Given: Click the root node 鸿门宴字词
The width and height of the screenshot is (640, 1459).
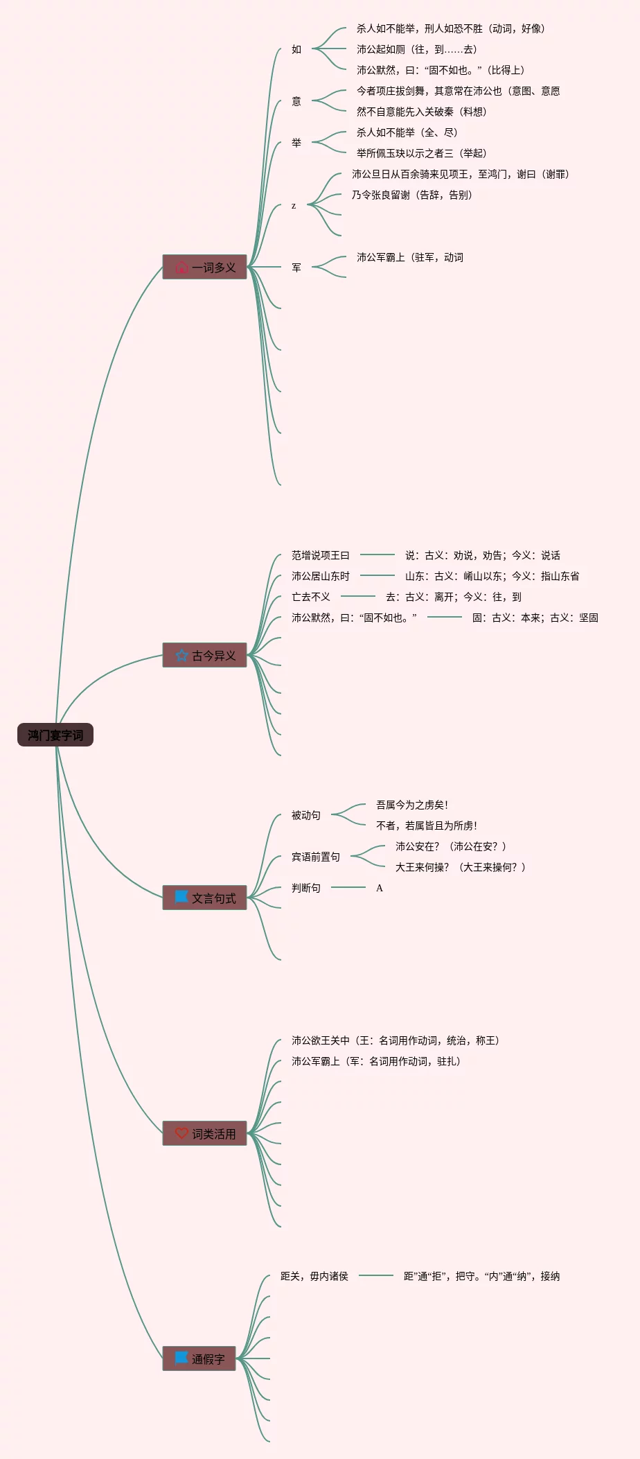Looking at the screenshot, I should click(x=55, y=735).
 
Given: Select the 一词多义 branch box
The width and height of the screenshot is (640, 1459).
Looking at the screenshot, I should click(x=204, y=267).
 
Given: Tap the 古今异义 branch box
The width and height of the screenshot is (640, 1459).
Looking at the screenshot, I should click(x=204, y=655).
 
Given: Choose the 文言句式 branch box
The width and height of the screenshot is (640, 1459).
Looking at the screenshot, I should click(x=204, y=898).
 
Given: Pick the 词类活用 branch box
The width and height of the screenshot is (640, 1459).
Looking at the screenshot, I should click(x=204, y=1133).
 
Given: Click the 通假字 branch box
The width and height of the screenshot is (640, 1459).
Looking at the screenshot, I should click(x=199, y=1358).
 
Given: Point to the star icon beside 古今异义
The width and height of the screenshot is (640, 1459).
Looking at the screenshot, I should click(x=181, y=655).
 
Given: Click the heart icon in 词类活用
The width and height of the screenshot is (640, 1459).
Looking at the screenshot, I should click(x=181, y=1133).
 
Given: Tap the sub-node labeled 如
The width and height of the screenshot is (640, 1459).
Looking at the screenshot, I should click(x=296, y=49).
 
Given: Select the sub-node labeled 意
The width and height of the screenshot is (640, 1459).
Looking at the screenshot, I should click(x=296, y=101).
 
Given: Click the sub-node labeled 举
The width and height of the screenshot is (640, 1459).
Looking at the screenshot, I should click(x=296, y=143).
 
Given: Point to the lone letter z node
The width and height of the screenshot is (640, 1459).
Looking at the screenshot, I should click(x=294, y=206).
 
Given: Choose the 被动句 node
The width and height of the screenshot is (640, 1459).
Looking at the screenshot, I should click(x=306, y=815).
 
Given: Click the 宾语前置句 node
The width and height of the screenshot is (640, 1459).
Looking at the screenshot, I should click(x=316, y=857).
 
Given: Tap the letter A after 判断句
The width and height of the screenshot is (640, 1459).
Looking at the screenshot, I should click(x=380, y=888).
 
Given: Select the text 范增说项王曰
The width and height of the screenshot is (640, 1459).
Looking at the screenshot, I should click(x=321, y=555).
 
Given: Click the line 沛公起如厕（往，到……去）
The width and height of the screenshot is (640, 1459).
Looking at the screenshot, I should click(x=417, y=49).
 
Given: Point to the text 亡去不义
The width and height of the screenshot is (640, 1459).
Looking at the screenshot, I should click(x=311, y=597).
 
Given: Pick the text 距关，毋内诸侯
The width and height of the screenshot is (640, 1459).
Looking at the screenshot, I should click(x=314, y=1276).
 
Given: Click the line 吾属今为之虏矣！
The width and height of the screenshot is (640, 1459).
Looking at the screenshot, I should click(x=412, y=805).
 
